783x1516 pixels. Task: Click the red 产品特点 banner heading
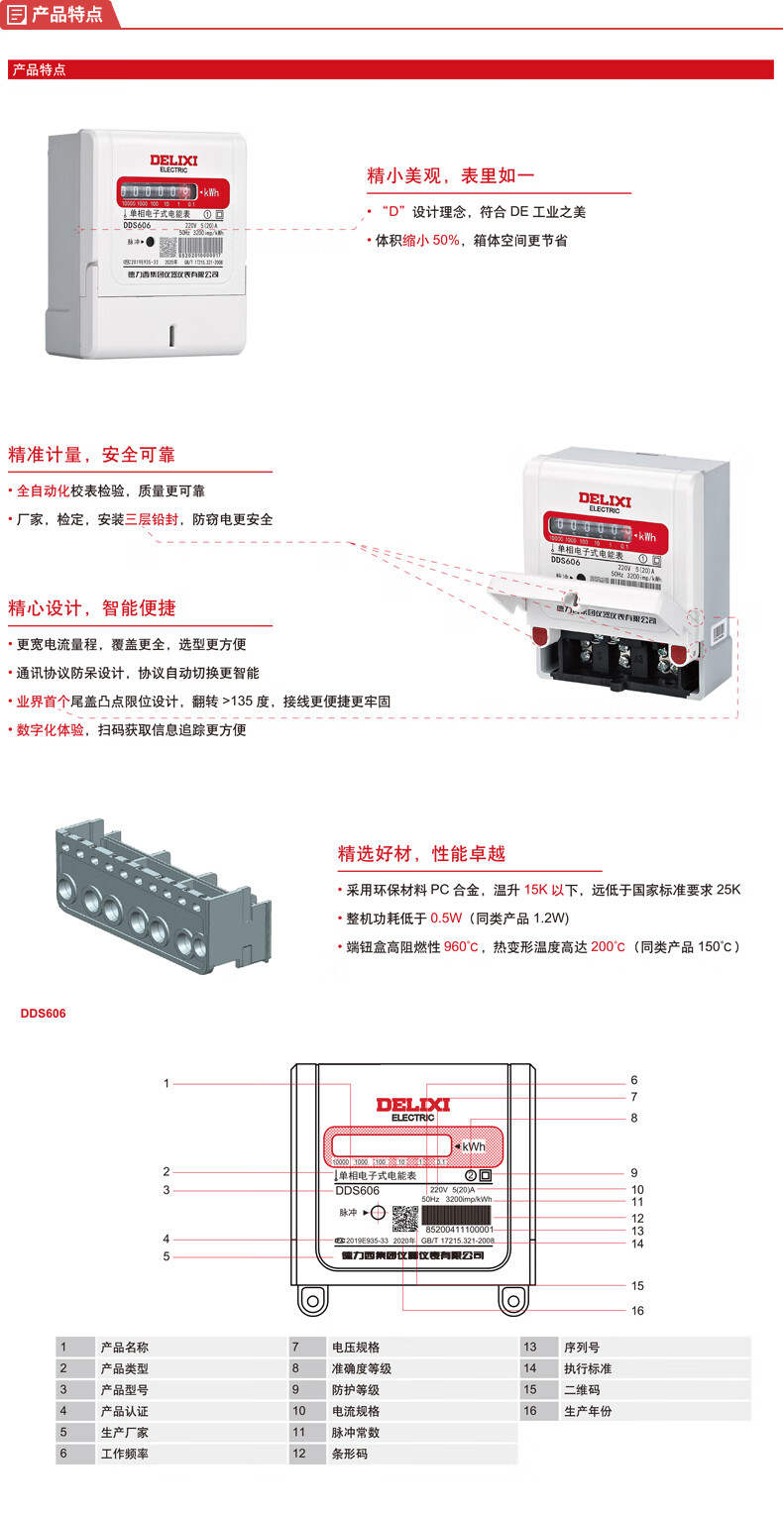click(x=39, y=70)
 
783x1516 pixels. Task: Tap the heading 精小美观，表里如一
click(x=451, y=176)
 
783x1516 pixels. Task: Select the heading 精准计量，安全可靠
click(x=91, y=455)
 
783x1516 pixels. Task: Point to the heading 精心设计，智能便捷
click(x=91, y=607)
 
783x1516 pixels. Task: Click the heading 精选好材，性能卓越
click(x=421, y=853)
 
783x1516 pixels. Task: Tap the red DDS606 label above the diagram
click(x=43, y=1014)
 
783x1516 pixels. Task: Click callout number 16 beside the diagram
click(x=637, y=1311)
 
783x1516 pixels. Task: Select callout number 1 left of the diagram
click(x=168, y=1083)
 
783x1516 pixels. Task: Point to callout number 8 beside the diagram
click(x=634, y=1118)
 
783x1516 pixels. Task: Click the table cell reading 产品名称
click(x=125, y=1348)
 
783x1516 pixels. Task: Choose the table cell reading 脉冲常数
click(x=356, y=1433)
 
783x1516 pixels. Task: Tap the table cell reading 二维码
click(x=582, y=1390)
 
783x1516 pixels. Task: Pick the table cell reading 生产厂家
click(x=125, y=1433)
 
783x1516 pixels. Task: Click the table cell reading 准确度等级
click(x=362, y=1368)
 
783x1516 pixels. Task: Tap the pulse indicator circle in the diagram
click(x=378, y=1212)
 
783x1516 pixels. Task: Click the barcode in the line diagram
click(x=457, y=1215)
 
